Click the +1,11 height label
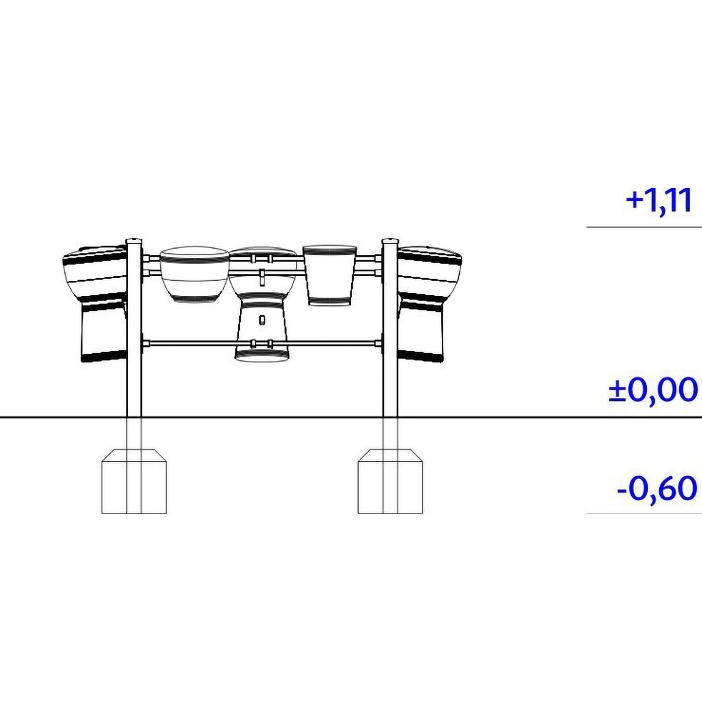658,201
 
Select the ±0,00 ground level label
653,390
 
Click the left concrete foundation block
134,481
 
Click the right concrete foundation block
390,481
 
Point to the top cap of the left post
134,241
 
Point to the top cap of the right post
390,241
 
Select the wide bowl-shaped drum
194,274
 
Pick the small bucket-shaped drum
330,275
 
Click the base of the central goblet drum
262,355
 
